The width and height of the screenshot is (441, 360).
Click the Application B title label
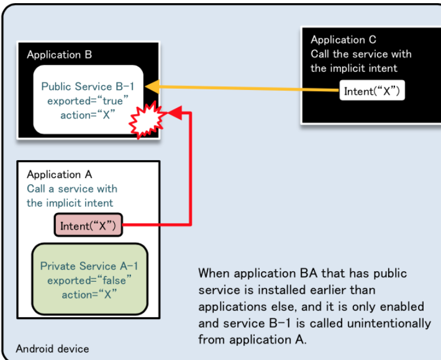pyautogui.click(x=59, y=55)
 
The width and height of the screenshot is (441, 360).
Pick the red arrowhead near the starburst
pyautogui.click(x=176, y=112)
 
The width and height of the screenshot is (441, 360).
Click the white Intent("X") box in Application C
pyautogui.click(x=372, y=92)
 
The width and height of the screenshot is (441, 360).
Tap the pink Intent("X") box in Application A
pyautogui.click(x=88, y=226)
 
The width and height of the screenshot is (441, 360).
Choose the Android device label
pyautogui.click(x=52, y=348)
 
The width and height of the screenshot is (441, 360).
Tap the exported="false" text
pyautogui.click(x=89, y=280)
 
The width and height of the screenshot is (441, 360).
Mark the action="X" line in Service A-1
pyautogui.click(x=89, y=294)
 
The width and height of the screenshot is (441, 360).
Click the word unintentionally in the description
pyautogui.click(x=392, y=323)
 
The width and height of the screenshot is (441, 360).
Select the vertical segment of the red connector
pyautogui.click(x=191, y=168)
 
